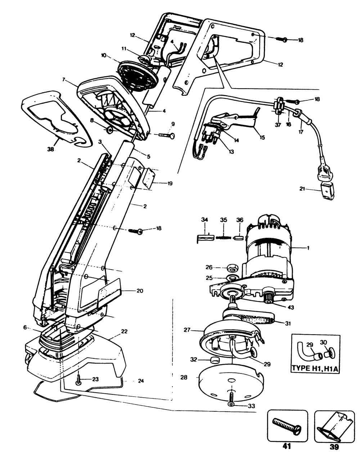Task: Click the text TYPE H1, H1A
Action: coord(315,369)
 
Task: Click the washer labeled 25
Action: coord(231,278)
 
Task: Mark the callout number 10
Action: coord(104,56)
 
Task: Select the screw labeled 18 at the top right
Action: coord(282,40)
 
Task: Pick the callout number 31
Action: coord(288,323)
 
